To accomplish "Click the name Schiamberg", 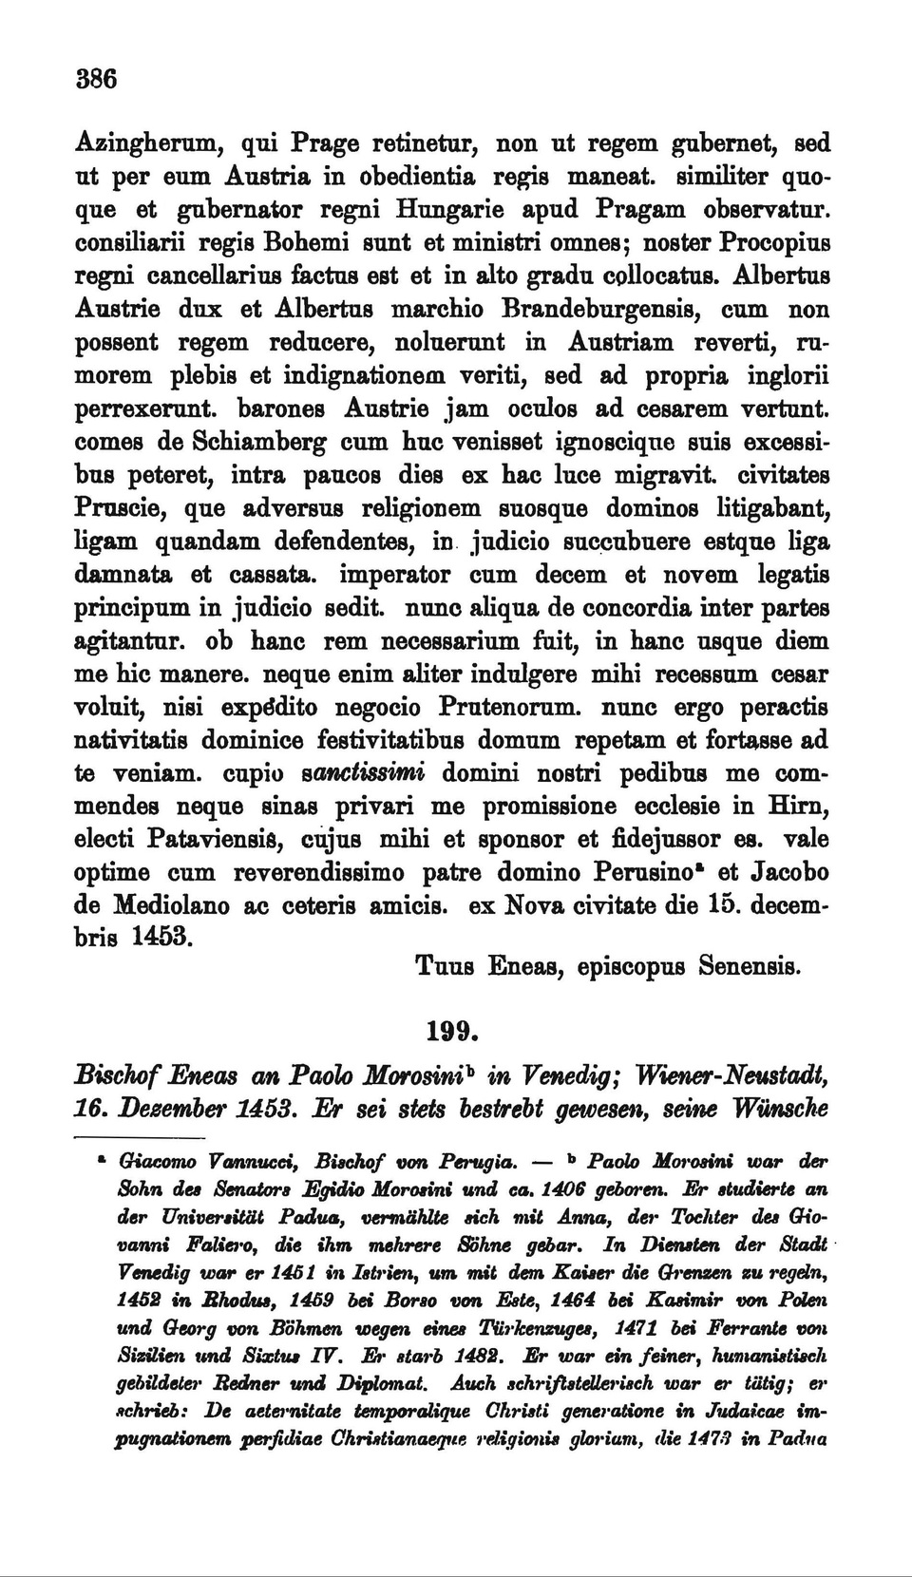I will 260,444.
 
